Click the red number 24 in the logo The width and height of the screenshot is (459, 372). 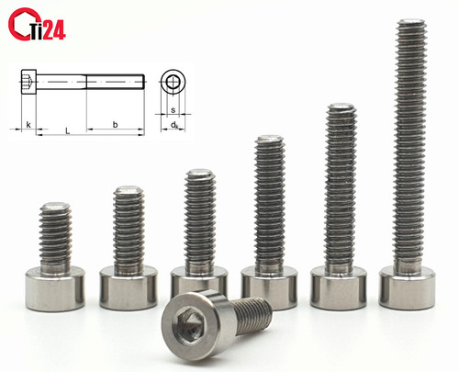(54, 30)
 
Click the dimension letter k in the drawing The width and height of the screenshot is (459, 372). (28, 125)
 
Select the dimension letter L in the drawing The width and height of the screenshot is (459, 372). (68, 131)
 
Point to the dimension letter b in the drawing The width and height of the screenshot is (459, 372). (115, 124)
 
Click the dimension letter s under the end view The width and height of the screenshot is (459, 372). (174, 110)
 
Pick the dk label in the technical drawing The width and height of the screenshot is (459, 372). (174, 125)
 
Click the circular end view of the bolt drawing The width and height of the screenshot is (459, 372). (174, 82)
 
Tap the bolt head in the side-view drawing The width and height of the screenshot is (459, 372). (28, 82)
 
